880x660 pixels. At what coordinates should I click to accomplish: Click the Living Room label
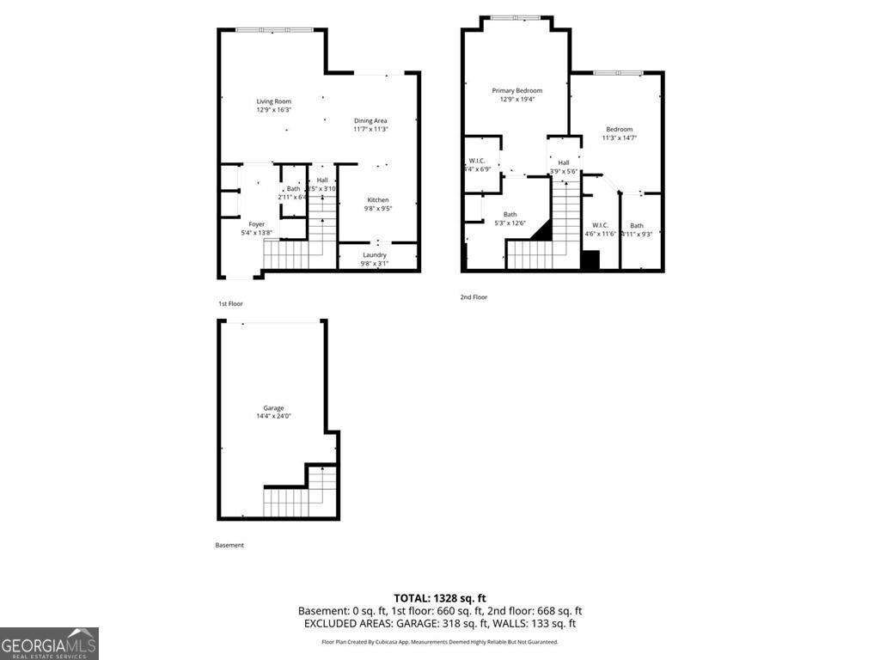274,101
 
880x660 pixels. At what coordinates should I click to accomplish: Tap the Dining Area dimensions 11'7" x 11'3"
370,130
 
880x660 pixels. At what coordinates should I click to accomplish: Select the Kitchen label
378,200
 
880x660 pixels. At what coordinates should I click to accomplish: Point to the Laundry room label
375,254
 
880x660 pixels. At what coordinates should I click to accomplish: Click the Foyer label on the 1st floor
257,224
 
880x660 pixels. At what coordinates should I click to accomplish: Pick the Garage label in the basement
273,408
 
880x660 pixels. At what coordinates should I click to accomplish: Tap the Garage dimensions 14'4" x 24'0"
273,417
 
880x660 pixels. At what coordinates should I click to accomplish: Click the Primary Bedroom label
516,90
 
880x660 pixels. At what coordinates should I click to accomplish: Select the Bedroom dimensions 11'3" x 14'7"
619,138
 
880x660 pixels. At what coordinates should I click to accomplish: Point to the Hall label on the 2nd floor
564,162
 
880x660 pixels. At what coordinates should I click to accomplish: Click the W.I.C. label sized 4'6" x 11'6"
600,225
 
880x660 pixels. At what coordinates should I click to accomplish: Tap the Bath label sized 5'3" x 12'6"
510,214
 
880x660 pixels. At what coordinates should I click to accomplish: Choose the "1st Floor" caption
230,304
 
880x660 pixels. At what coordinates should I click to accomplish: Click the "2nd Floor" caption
474,297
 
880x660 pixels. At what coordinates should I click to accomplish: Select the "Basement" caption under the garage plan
229,545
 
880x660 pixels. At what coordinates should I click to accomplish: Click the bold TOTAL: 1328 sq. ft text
440,598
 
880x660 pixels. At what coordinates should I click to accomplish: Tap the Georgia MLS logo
49,644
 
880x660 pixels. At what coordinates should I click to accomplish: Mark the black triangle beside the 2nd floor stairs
541,229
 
